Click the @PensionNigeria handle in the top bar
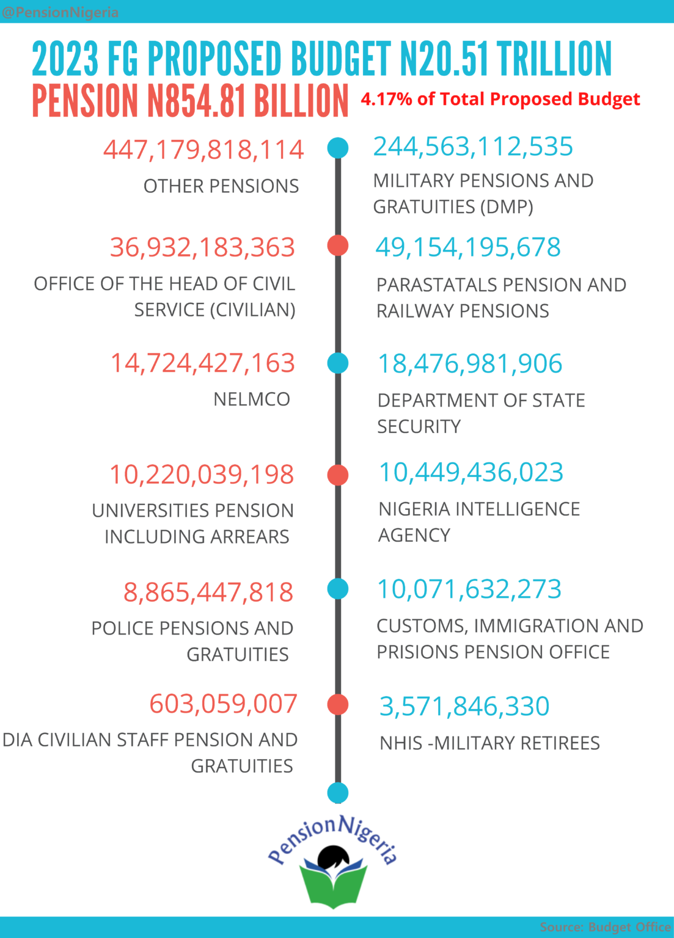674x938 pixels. coord(59,12)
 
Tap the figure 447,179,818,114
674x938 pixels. coord(203,150)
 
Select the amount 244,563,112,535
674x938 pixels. coord(473,147)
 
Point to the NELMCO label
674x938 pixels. coord(252,399)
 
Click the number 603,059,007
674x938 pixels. coord(223,703)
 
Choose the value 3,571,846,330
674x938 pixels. coord(464,706)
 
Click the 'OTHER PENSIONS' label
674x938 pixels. coord(221,186)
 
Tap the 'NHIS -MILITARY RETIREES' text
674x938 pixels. coord(489,743)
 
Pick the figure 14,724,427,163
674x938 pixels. coord(203,363)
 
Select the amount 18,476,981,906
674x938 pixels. coord(470,363)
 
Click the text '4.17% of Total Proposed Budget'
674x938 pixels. coord(500,100)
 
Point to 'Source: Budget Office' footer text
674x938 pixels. coord(606,926)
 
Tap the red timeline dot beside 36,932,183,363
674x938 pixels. coord(338,245)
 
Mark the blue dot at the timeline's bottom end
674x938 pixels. coord(338,793)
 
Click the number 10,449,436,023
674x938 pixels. coord(471,472)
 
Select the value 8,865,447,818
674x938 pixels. coord(208,592)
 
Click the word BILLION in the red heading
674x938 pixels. coord(301,100)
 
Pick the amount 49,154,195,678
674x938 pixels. coord(468,247)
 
